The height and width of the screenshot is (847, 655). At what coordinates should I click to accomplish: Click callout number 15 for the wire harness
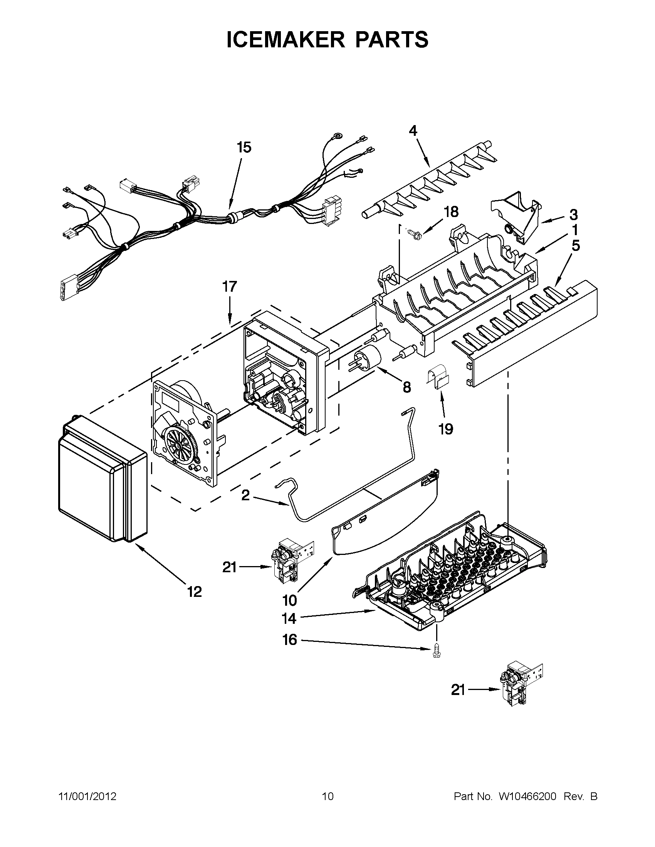244,147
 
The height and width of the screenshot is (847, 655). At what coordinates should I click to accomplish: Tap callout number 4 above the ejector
413,131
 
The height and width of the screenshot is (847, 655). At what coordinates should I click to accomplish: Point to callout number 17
229,287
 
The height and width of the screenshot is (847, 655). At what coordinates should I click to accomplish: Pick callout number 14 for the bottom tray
289,618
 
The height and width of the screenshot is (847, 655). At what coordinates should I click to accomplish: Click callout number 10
289,601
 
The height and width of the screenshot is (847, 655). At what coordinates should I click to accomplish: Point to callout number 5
575,246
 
